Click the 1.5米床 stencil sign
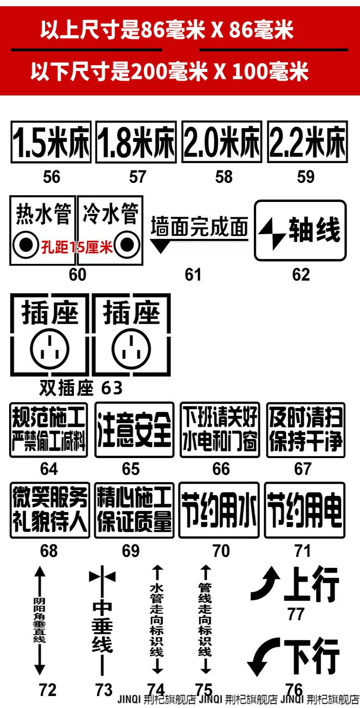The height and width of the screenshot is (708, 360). (51, 142)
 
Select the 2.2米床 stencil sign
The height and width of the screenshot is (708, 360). (308, 142)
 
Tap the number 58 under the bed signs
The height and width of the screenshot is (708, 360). (224, 177)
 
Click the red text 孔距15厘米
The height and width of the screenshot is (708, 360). (77, 247)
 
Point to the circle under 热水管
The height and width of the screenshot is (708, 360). (26, 244)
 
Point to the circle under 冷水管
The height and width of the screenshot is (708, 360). (127, 244)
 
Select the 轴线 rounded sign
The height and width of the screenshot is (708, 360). (300, 230)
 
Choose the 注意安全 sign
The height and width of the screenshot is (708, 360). (134, 430)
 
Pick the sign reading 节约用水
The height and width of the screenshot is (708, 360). (219, 511)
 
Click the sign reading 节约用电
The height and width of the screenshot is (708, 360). (305, 511)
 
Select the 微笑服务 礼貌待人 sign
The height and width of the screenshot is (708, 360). (50, 511)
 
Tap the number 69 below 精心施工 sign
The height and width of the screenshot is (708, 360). (131, 551)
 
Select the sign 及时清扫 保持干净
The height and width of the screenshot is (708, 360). (306, 430)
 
